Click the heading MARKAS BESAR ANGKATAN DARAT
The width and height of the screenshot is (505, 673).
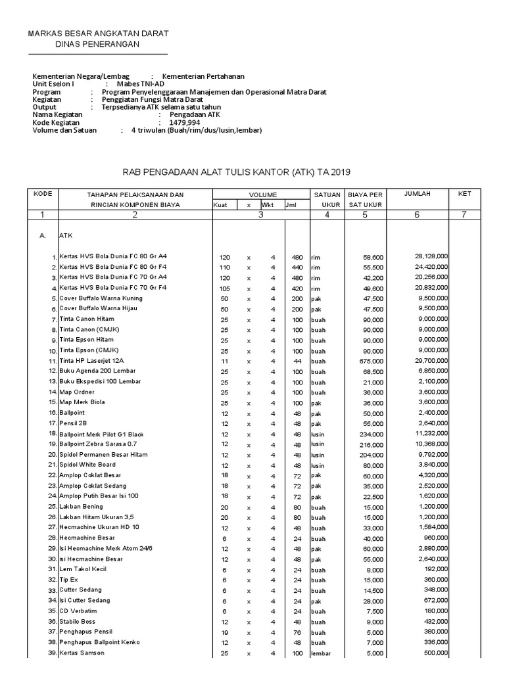click(97, 33)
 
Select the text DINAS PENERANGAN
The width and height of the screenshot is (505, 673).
click(97, 44)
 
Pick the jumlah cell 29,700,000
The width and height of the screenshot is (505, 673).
click(431, 361)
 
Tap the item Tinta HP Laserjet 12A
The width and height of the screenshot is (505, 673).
click(91, 361)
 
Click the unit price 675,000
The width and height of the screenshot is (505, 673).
click(371, 361)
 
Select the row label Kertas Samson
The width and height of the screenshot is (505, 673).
click(82, 653)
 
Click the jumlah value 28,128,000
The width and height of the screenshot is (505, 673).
click(431, 256)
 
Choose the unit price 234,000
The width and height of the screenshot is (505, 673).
click(371, 434)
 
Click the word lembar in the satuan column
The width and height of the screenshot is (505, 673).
click(321, 653)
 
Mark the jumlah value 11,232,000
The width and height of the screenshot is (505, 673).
click(431, 434)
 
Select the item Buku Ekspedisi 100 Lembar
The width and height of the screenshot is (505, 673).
click(99, 382)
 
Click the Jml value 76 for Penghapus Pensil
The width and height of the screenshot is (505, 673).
click(297, 632)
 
